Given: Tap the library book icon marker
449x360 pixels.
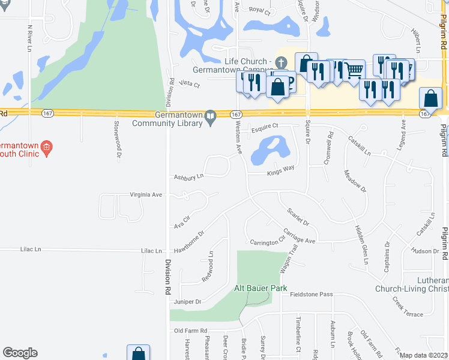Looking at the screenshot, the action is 210,117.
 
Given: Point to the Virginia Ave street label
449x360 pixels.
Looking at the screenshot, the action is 146,195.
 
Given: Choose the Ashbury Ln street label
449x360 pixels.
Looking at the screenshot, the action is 188,176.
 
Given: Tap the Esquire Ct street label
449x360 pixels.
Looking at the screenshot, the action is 265,126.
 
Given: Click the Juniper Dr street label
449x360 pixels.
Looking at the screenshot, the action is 187,302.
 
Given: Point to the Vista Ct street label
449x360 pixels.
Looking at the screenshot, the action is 188,85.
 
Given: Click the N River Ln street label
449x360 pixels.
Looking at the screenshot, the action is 29,38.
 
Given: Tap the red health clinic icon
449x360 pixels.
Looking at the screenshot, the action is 49,145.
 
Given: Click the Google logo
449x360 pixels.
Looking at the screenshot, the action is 20,353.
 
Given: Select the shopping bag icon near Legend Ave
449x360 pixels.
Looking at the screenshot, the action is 430,98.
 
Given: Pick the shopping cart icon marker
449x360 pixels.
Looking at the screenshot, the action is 354,70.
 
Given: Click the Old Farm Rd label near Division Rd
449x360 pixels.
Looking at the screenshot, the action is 190,331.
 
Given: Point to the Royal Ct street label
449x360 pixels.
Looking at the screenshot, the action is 260,10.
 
